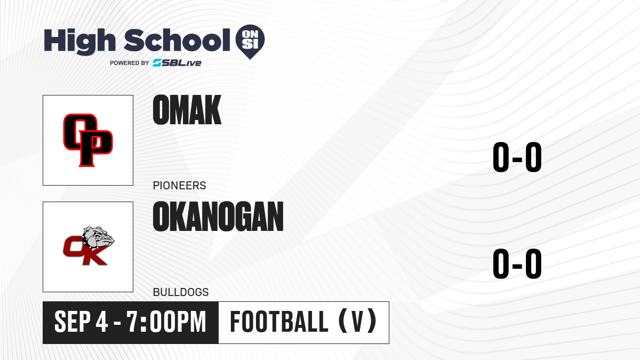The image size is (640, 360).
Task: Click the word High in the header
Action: [80, 42]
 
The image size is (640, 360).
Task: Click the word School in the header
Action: [177, 40]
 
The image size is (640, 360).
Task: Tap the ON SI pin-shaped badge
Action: [250, 42]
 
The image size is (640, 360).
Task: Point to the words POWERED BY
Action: [130, 63]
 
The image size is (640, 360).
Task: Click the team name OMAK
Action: [187, 110]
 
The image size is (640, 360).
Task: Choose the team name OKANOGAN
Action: [218, 217]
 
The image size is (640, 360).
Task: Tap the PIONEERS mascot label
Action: [179, 186]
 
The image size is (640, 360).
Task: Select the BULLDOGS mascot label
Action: [181, 292]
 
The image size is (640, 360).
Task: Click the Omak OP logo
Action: [87, 140]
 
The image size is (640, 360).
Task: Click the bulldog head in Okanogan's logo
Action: [99, 237]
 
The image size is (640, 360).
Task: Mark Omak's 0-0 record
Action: [517, 157]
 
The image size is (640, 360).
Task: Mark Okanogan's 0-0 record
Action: [517, 263]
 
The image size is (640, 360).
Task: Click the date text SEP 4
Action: [81, 322]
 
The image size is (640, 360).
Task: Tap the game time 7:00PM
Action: [166, 322]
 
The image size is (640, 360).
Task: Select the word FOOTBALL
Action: [279, 322]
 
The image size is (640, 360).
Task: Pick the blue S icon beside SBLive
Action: [157, 63]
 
